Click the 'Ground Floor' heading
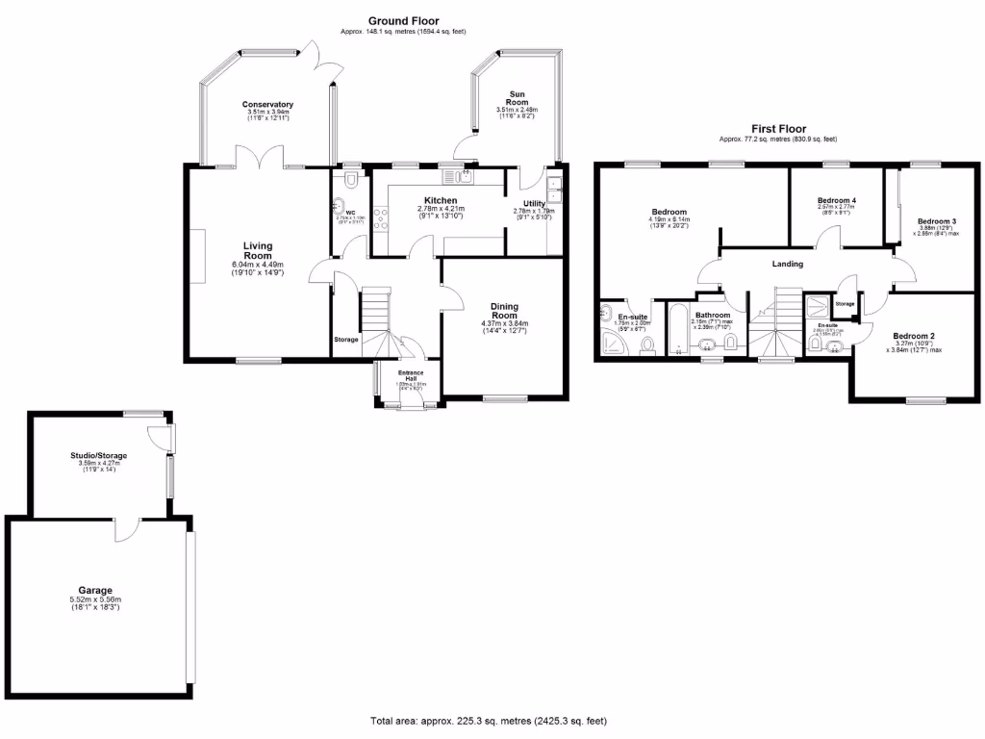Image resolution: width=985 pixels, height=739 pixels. [403, 20]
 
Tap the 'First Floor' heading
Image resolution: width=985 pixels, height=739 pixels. [779, 128]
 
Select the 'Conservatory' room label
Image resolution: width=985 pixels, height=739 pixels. [267, 104]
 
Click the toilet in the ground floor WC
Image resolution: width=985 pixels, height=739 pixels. [353, 180]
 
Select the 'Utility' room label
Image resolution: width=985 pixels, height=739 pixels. [534, 203]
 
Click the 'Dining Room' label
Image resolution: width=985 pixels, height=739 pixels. [505, 310]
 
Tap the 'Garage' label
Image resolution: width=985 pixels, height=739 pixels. [95, 590]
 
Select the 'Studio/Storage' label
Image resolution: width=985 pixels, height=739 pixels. [98, 455]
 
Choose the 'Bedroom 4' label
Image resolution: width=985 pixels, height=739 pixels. [836, 199]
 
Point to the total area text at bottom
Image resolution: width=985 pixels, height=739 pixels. [489, 721]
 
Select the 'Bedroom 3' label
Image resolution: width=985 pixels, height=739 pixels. [935, 220]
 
